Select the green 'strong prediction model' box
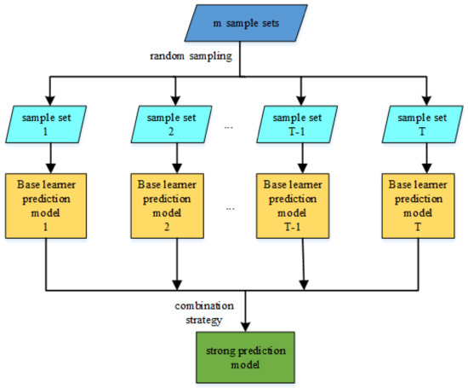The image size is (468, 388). pyautogui.click(x=247, y=356)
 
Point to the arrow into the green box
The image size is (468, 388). pyautogui.click(x=247, y=316)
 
